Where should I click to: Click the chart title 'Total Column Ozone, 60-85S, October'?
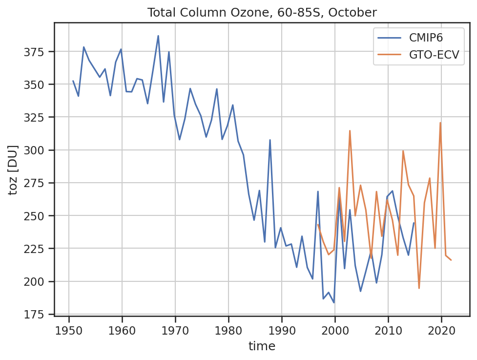point(262,13)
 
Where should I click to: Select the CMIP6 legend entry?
point(410,38)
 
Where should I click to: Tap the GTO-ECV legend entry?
point(418,55)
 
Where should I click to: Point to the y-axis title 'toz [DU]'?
point(13,170)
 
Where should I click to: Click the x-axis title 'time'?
point(262,346)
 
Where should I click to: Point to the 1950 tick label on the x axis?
point(69,331)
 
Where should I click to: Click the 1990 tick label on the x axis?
point(281,331)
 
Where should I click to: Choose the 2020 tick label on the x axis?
point(441,331)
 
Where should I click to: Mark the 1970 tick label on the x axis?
point(175,331)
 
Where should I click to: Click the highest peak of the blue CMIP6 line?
point(158,36)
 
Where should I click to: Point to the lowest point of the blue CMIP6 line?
point(334,302)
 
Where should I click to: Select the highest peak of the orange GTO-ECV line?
point(440,123)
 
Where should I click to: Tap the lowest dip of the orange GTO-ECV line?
point(419,288)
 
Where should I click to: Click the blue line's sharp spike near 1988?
point(270,140)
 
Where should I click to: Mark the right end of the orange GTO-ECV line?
point(451,260)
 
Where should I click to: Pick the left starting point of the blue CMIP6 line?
point(73,81)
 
